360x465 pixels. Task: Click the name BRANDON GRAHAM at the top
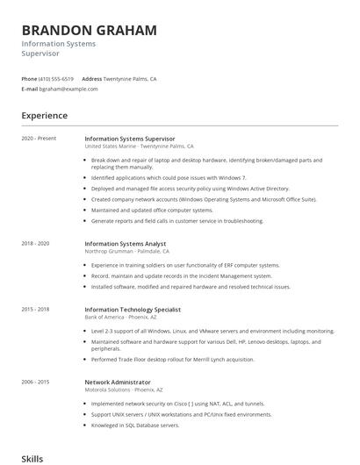(90, 31)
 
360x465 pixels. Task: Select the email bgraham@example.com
(68, 89)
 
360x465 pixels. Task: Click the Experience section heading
(44, 116)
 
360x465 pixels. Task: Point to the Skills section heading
(32, 458)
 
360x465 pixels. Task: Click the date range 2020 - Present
(39, 139)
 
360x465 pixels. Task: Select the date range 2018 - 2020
(35, 243)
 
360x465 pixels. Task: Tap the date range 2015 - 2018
(35, 310)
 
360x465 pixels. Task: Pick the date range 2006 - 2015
(35, 383)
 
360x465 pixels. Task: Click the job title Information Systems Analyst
(125, 243)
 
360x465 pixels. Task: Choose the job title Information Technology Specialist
(133, 310)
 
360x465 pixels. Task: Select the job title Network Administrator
(118, 383)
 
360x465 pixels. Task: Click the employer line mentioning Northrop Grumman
(126, 251)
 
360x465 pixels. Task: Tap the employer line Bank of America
(122, 318)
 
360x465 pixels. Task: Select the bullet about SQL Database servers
(135, 425)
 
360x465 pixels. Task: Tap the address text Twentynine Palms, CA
(130, 79)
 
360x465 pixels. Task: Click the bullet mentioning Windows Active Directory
(190, 188)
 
